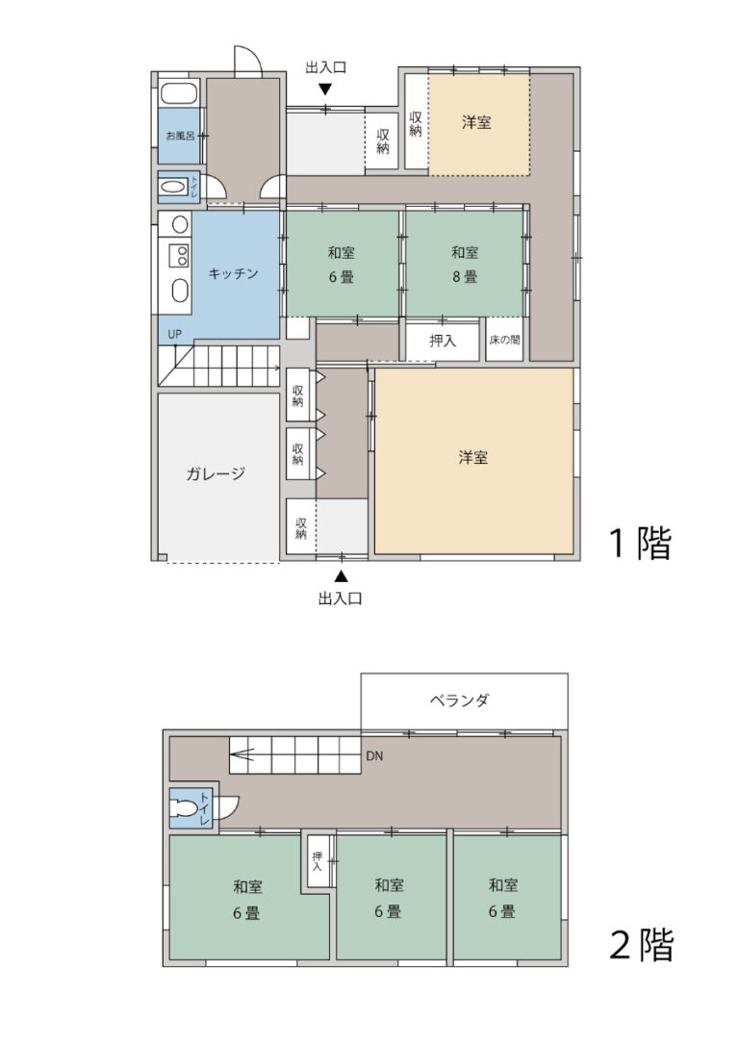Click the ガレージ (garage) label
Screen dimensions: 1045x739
217,473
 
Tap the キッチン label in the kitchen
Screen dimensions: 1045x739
234,273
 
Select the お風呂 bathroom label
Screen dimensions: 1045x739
179,137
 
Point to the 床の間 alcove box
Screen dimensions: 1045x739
504,341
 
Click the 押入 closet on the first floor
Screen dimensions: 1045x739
442,341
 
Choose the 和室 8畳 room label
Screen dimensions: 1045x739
465,265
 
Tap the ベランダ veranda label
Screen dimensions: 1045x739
459,701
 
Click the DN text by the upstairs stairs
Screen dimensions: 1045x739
375,756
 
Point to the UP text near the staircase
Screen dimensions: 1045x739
174,335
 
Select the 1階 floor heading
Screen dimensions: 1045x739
638,545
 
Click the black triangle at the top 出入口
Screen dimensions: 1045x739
325,89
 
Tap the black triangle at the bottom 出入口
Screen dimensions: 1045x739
341,577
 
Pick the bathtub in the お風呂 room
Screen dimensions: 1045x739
179,95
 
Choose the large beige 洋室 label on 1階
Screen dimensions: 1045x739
472,458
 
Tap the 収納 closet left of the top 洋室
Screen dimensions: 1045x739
415,124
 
